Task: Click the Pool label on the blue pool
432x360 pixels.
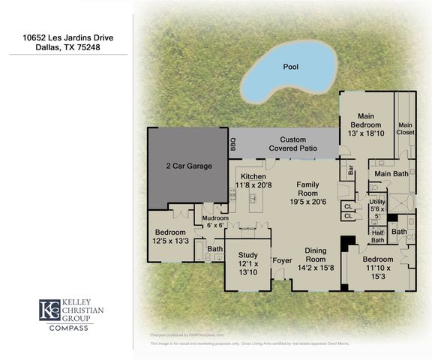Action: click(290, 67)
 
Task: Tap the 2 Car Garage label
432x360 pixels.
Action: click(188, 166)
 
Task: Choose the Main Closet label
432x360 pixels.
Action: click(405, 128)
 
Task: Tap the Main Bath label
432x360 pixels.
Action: click(391, 174)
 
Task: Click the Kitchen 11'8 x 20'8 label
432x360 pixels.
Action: click(253, 180)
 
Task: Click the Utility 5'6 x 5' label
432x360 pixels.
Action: click(377, 207)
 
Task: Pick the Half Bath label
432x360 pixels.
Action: click(377, 236)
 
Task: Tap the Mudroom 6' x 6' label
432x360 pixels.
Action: click(215, 222)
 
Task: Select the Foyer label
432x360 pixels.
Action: click(282, 261)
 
